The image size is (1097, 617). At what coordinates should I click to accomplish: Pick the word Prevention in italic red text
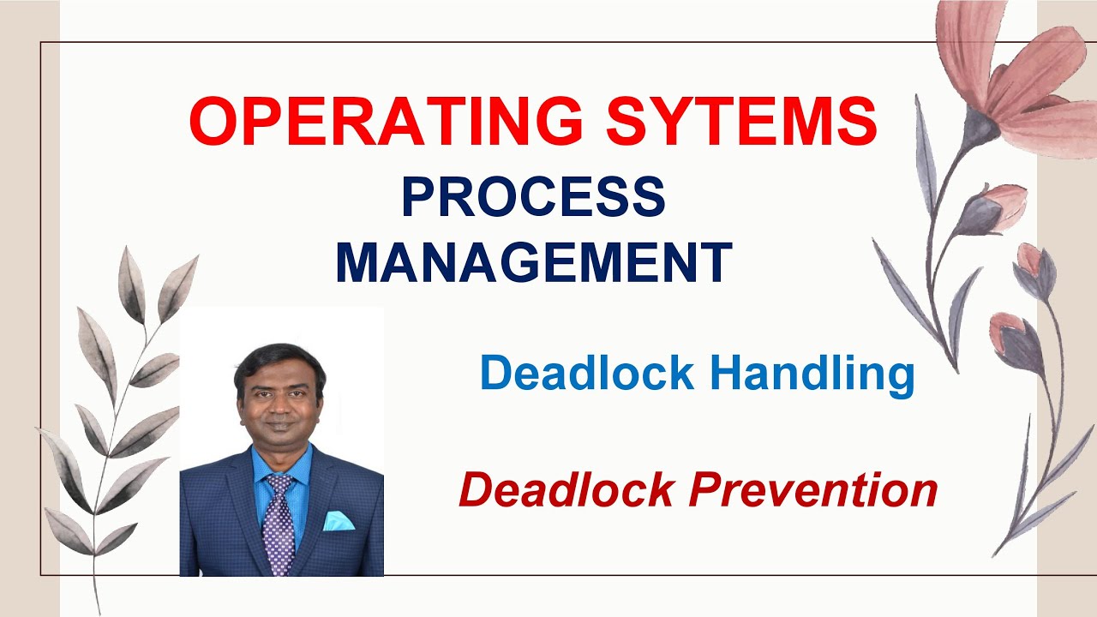(814, 490)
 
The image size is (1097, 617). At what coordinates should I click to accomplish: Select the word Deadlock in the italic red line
(566, 489)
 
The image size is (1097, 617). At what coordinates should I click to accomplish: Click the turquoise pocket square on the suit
(339, 520)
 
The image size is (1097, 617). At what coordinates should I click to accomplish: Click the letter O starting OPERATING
(212, 122)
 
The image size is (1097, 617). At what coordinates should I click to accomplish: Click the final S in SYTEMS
(857, 122)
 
